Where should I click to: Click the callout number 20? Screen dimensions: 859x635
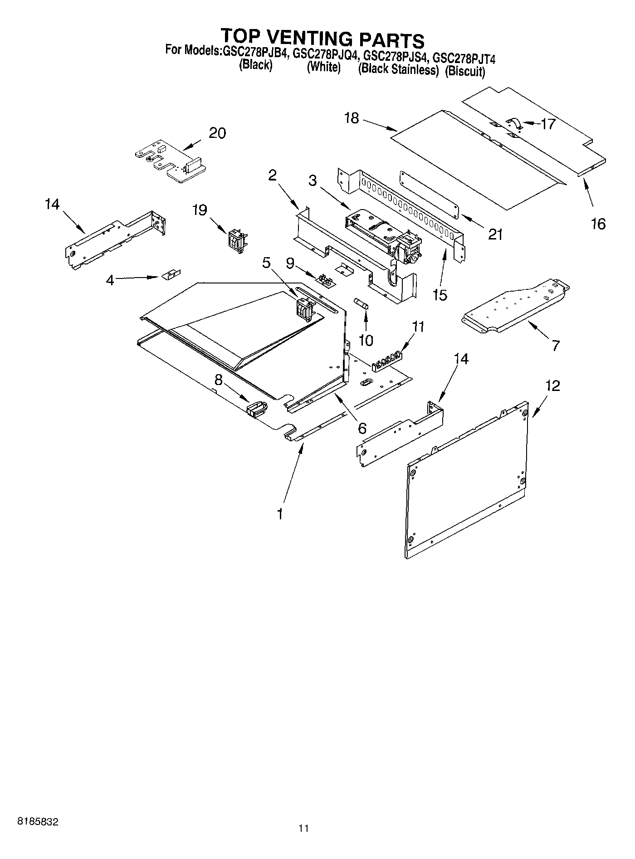click(217, 133)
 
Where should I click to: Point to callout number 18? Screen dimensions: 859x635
click(352, 118)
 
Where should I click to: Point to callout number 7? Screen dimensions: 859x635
click(556, 345)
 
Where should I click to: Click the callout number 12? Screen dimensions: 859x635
click(552, 386)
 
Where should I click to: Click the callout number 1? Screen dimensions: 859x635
click(280, 514)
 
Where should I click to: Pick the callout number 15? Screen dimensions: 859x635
click(440, 295)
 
